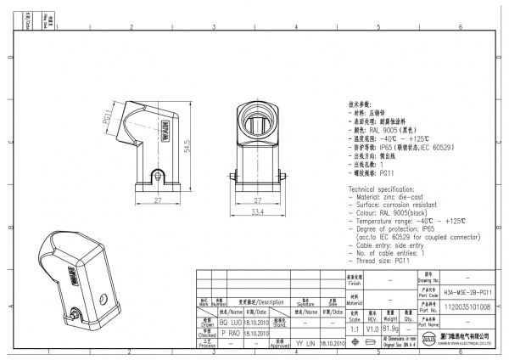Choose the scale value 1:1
point(354,328)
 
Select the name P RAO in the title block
point(231,334)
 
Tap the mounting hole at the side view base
point(155,176)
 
